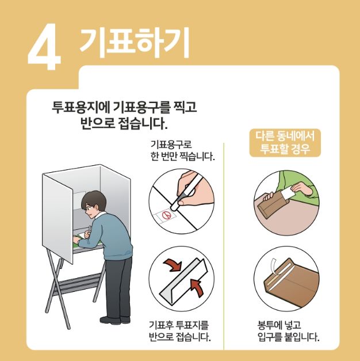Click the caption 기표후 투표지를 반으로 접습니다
click(x=179, y=330)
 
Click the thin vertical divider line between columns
click(x=224, y=242)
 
